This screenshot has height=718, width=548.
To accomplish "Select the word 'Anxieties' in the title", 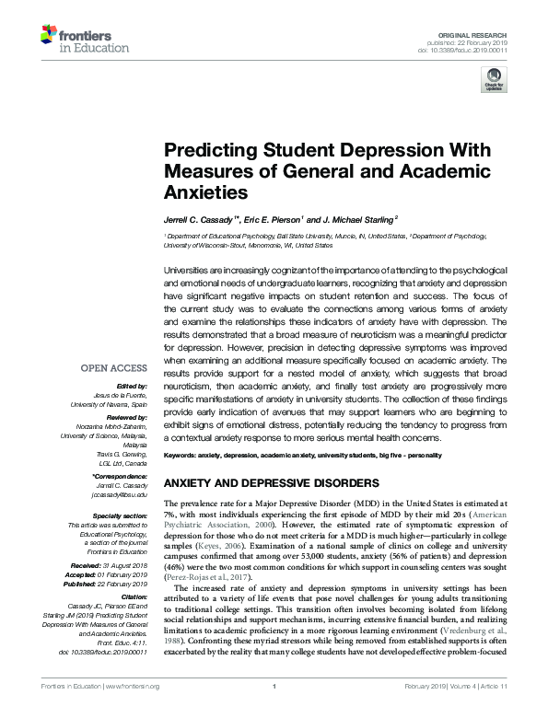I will coord(205,193).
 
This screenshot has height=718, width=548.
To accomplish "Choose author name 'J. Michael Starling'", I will coord(358,219).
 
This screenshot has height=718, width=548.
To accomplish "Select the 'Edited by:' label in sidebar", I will coord(132,386).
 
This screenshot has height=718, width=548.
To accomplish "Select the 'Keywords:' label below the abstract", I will coord(184,457).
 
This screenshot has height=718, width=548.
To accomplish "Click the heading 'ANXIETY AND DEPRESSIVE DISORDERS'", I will coord(270,482).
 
